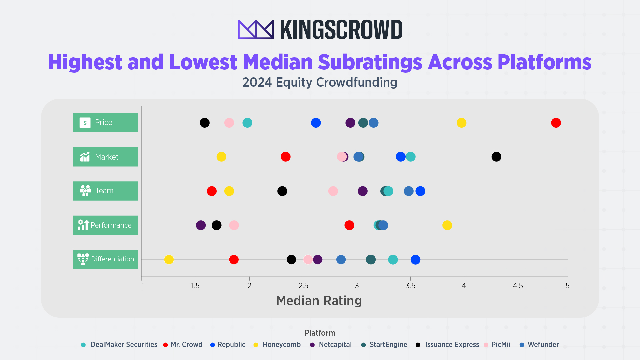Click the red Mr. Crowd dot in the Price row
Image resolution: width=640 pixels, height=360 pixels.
(x=556, y=123)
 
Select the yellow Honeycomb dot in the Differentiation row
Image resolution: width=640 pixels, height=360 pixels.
(x=169, y=259)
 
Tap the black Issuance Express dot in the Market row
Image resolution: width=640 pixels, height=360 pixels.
(x=496, y=157)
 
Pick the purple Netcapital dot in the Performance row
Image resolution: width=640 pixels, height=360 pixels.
(x=201, y=225)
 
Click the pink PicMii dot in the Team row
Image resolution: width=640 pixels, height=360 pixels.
(x=333, y=191)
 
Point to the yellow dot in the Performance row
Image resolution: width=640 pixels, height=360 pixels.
(x=447, y=225)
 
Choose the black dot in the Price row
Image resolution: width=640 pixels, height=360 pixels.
(x=205, y=123)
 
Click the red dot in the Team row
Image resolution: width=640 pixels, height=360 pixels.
(x=212, y=191)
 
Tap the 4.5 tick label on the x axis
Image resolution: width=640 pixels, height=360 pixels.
(x=518, y=286)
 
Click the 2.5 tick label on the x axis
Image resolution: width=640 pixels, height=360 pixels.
(x=303, y=286)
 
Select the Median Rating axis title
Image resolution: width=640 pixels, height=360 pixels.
(x=319, y=301)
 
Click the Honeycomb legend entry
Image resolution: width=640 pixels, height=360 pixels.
(x=281, y=345)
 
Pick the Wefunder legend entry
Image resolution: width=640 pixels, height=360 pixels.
(x=543, y=345)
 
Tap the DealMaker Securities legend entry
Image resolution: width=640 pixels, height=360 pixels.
(x=123, y=345)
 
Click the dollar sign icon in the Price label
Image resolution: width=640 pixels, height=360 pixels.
(x=85, y=123)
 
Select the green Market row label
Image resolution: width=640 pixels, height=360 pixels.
(x=105, y=157)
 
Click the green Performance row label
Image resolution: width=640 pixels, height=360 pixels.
(x=105, y=225)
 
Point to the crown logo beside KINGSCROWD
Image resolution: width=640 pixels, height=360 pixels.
(x=256, y=29)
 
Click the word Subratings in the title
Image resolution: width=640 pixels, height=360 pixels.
(x=370, y=62)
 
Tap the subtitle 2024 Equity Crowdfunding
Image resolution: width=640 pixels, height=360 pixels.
(x=320, y=82)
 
